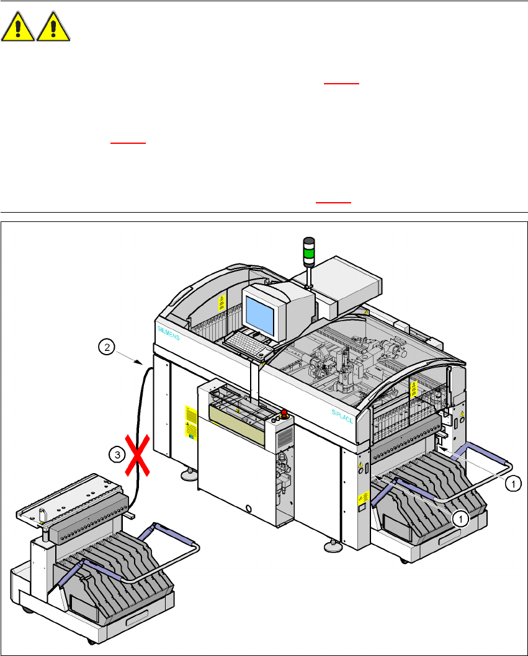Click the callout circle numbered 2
click(x=107, y=348)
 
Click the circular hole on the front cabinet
click(x=249, y=509)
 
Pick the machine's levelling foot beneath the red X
click(x=186, y=476)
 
